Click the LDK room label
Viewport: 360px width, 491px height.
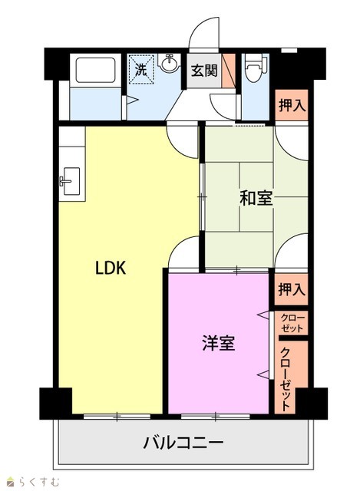pyautogui.click(x=111, y=268)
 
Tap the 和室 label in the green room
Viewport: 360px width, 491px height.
pyautogui.click(x=256, y=198)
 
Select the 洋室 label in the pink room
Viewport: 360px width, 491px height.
pyautogui.click(x=219, y=343)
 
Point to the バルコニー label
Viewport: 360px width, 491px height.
pyautogui.click(x=183, y=443)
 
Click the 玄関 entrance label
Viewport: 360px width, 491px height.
pyautogui.click(x=204, y=71)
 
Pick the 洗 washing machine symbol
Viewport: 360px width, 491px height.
pyautogui.click(x=141, y=70)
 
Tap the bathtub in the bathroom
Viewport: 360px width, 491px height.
pyautogui.click(x=95, y=70)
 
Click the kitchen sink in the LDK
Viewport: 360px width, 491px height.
pyautogui.click(x=71, y=181)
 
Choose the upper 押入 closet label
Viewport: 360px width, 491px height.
pyautogui.click(x=292, y=105)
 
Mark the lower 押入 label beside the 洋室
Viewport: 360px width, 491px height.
pyautogui.click(x=292, y=289)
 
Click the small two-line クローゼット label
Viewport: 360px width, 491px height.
pyautogui.click(x=292, y=324)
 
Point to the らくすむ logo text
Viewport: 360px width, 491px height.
pyautogui.click(x=38, y=483)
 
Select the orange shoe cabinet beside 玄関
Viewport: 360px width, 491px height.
pyautogui.click(x=229, y=71)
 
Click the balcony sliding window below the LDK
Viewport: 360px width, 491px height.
pyautogui.click(x=117, y=417)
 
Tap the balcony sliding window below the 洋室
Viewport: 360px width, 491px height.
pyautogui.click(x=216, y=417)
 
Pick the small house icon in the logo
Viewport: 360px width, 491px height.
pyautogui.click(x=12, y=483)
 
